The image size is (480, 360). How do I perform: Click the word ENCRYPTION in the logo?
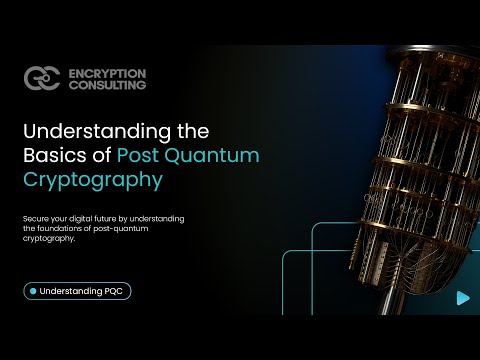click(x=108, y=72)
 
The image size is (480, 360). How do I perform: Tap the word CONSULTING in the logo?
click(x=107, y=85)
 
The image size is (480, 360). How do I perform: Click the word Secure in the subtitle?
click(x=36, y=219)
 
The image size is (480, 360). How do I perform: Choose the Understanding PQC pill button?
click(x=78, y=291)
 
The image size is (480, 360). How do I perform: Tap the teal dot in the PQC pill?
click(x=34, y=291)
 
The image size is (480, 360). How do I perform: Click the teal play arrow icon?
click(x=461, y=297)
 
